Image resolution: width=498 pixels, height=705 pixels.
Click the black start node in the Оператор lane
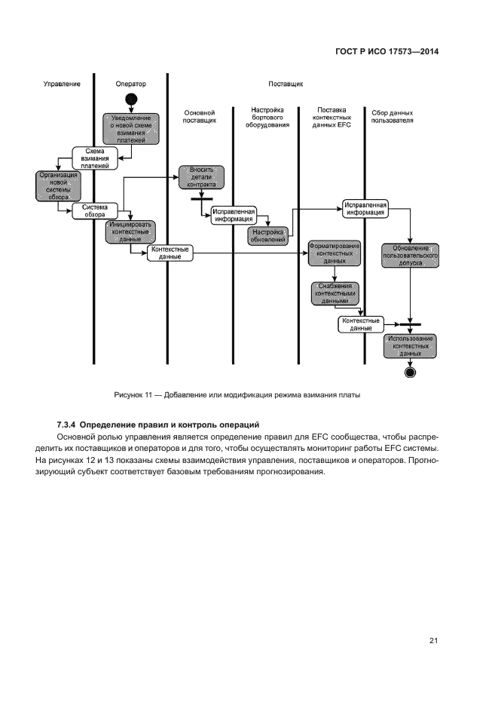point(131,99)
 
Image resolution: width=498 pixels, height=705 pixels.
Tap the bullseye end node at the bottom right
point(410,372)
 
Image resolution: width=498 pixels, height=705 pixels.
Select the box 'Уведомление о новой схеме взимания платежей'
point(131,128)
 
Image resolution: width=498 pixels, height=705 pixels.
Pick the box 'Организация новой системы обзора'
point(53,185)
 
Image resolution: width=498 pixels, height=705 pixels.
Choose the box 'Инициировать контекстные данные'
point(130,231)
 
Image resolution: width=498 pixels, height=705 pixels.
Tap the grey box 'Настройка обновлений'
point(267,236)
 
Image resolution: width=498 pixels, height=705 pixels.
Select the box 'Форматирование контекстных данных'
point(334,253)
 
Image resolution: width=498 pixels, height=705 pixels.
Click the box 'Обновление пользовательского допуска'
point(411,256)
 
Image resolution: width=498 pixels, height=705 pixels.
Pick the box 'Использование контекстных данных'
point(411,345)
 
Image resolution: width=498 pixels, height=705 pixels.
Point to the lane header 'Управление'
point(61,84)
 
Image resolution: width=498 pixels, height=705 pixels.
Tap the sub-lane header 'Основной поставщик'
point(200,116)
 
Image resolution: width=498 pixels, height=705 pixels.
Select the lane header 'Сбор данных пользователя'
point(393,116)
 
